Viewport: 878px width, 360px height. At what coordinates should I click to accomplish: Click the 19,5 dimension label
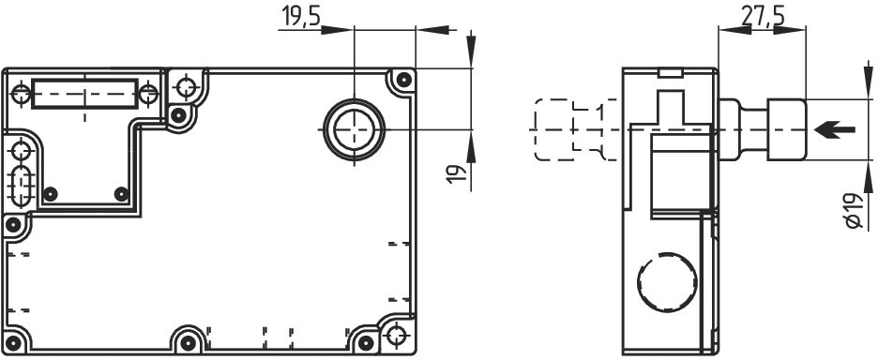click(x=301, y=16)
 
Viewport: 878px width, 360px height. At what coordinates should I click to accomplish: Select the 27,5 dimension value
click(x=763, y=16)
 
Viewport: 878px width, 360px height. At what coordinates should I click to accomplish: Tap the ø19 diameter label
click(x=854, y=211)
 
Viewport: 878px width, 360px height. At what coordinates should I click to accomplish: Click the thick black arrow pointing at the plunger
click(x=835, y=130)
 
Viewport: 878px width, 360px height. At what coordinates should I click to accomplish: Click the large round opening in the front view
click(x=354, y=130)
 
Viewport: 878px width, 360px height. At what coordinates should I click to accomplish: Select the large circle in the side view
click(x=668, y=282)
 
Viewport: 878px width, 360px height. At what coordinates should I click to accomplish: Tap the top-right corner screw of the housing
click(x=403, y=80)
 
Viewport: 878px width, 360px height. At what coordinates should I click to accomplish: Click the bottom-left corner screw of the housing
click(x=13, y=342)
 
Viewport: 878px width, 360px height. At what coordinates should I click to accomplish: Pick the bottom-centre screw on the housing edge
click(x=189, y=342)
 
